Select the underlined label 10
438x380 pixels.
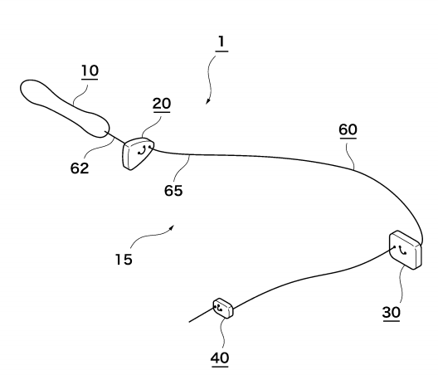(x=90, y=71)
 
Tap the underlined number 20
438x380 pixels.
(x=162, y=104)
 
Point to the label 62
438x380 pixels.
(x=80, y=168)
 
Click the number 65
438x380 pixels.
(x=173, y=191)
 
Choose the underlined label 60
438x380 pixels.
(x=348, y=129)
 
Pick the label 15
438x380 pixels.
(x=124, y=260)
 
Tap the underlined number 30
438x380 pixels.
(x=392, y=312)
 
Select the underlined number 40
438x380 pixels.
(x=220, y=358)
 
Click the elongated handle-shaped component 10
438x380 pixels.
(x=65, y=109)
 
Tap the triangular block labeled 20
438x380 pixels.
(x=138, y=153)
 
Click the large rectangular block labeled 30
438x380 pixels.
(x=406, y=250)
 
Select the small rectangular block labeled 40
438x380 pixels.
(x=223, y=308)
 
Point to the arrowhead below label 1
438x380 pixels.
(x=208, y=102)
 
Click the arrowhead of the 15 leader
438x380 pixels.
(x=172, y=227)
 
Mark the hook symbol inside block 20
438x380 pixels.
(x=142, y=151)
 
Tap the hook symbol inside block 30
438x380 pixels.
(x=402, y=251)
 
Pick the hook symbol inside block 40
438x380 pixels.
(x=220, y=308)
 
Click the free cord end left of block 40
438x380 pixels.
(x=189, y=322)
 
